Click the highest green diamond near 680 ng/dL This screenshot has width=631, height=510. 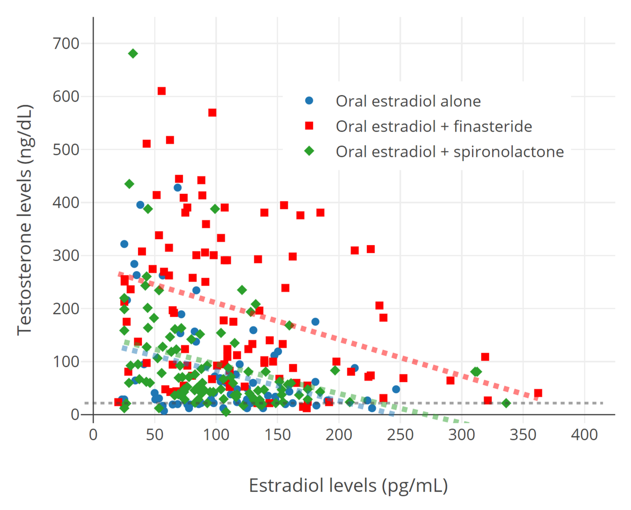click(133, 54)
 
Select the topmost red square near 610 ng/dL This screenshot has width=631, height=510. click(162, 91)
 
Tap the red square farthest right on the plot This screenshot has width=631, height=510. click(538, 393)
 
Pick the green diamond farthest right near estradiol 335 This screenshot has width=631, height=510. click(506, 403)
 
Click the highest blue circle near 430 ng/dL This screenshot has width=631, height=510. click(177, 187)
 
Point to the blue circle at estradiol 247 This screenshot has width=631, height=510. click(396, 389)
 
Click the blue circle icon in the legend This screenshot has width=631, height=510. click(309, 101)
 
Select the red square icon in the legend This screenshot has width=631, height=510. click(309, 126)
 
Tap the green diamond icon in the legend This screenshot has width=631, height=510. click(309, 151)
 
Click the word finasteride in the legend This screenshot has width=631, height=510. click(492, 127)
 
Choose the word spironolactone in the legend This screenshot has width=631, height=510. click(509, 152)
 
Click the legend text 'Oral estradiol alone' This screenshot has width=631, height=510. click(408, 101)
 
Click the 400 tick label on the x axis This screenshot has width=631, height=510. click(584, 435)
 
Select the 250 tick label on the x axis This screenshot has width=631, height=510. click(400, 435)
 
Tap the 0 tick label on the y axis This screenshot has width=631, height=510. click(75, 414)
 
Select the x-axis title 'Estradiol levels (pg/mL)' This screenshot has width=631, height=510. click(349, 486)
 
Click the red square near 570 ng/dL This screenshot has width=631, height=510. click(212, 112)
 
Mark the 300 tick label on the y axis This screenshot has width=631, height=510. click(66, 255)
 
